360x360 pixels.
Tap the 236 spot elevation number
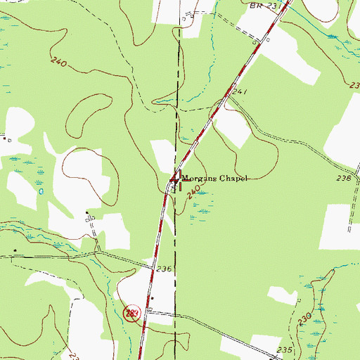click(164, 269)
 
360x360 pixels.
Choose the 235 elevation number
click(284, 349)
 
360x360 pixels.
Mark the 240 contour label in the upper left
click(59, 63)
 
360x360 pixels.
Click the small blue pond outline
click(41, 191)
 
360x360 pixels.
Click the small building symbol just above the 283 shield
click(153, 297)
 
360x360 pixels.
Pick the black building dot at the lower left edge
click(15, 250)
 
